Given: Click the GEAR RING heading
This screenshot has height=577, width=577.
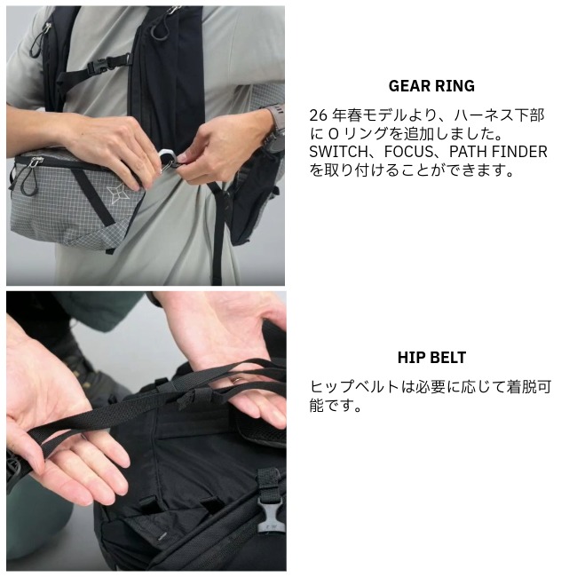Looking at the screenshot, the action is point(431,86).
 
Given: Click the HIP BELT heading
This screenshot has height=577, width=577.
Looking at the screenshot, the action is point(431,358).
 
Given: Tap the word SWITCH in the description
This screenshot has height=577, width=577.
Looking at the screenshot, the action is point(338,152).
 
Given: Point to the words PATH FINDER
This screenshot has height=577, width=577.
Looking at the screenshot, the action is point(498,152).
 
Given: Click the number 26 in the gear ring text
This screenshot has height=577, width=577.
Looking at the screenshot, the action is point(318,115).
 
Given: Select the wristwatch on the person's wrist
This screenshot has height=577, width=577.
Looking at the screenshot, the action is point(274,128).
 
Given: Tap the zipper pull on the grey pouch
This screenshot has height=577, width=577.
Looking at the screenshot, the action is point(34,162).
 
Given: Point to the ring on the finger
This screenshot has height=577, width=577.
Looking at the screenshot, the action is point(235,380).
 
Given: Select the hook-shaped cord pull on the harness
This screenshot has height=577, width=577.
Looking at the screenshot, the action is point(157,30).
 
